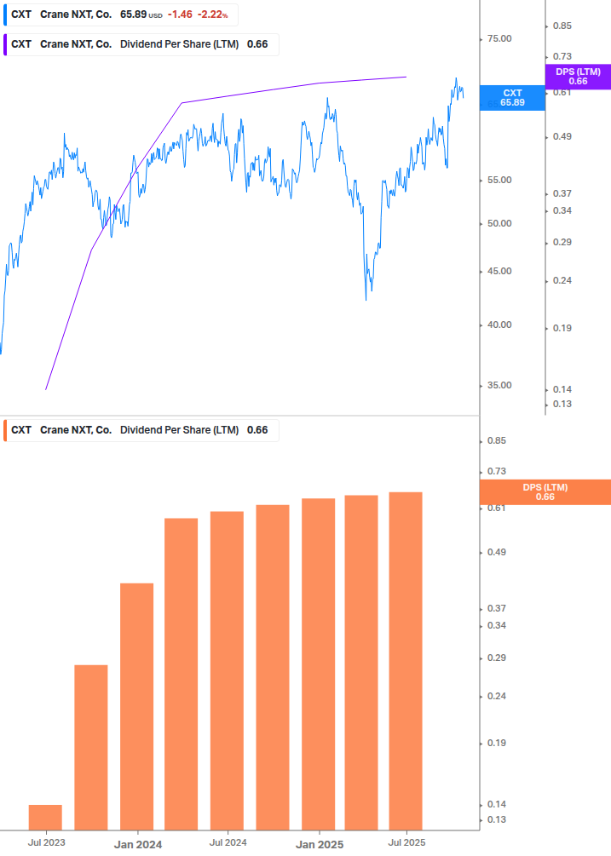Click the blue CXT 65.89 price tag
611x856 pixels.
[x=512, y=97]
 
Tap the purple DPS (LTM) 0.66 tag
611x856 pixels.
[x=578, y=76]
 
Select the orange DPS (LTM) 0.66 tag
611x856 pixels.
[x=545, y=491]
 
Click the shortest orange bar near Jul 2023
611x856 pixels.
[x=45, y=817]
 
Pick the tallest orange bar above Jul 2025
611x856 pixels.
[x=406, y=660]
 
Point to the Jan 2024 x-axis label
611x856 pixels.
[x=138, y=844]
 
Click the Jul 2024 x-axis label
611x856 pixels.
[x=228, y=842]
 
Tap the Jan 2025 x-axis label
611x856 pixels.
[x=320, y=844]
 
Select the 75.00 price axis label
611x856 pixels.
[x=499, y=39]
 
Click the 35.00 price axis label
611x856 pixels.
[x=499, y=386]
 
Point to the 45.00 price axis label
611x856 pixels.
[x=499, y=272]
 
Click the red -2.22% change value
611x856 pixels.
[x=212, y=15]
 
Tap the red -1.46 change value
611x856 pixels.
[x=179, y=15]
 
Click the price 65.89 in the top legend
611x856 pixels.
[x=133, y=15]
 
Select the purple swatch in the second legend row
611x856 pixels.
[x=7, y=44]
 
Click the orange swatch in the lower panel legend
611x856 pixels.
[x=7, y=430]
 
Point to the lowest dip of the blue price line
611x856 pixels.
[x=366, y=299]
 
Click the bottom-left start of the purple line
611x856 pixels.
[x=46, y=389]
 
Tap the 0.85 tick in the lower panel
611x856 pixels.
[x=496, y=441]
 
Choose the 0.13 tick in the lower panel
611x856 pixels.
[x=496, y=819]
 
